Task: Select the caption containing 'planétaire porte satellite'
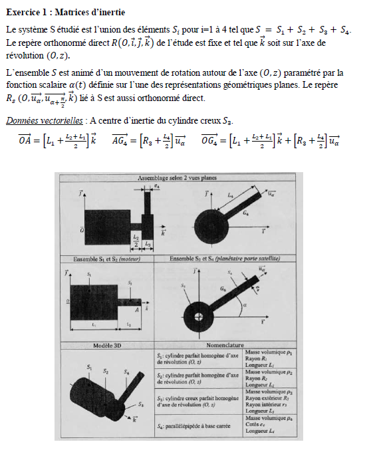pyautogui.click(x=224, y=258)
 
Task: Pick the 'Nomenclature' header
pyautogui.click(x=224, y=346)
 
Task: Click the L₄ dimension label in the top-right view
pyautogui.click(x=230, y=195)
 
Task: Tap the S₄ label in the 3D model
pyautogui.click(x=126, y=373)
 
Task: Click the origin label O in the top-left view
pyautogui.click(x=81, y=229)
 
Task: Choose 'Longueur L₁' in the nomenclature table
pyautogui.click(x=260, y=366)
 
